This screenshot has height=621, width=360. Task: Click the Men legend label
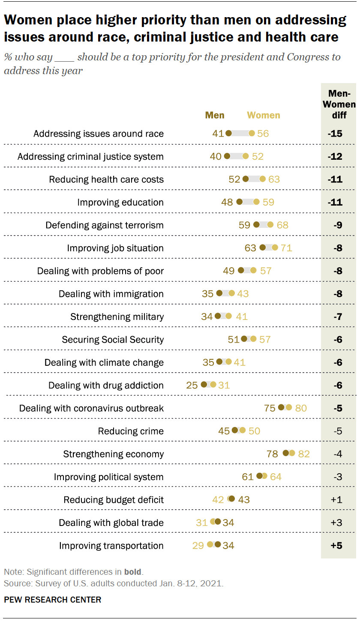point(215,115)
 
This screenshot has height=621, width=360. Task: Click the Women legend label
point(264,115)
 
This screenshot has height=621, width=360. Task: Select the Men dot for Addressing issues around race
point(228,133)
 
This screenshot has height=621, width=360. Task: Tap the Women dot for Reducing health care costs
point(262,179)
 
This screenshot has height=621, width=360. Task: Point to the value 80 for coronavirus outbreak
point(301,408)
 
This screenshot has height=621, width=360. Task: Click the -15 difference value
point(335,133)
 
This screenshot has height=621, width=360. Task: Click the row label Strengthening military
point(117,316)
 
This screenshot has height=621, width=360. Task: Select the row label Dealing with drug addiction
point(106,385)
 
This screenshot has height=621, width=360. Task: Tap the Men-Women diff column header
point(339,104)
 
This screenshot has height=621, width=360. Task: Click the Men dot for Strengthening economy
point(286,454)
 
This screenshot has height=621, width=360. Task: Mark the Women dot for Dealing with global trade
point(213,522)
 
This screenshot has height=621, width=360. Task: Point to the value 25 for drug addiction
point(192,385)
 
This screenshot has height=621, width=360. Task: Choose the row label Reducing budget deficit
point(114,499)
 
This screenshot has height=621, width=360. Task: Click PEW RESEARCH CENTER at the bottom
point(53,600)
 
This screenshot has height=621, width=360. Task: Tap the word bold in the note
point(133,571)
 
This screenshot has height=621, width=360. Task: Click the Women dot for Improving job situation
point(275,248)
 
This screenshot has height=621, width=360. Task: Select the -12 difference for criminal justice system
point(335,156)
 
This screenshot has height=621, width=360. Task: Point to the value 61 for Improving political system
point(248,477)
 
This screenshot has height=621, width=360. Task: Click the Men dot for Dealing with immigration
point(219,293)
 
